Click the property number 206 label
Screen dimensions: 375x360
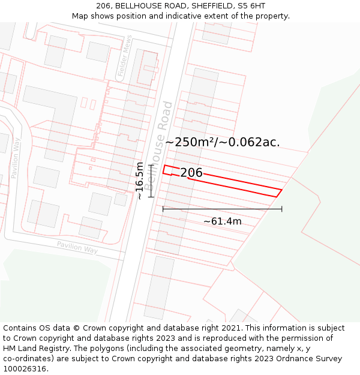[x=191, y=173]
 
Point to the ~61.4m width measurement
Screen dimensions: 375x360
[x=222, y=221]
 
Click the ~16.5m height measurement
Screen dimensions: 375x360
[x=140, y=180]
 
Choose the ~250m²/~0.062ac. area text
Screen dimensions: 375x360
[x=223, y=142]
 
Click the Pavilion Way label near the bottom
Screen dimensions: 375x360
[x=77, y=247]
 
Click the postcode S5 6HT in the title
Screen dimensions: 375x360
[x=251, y=6]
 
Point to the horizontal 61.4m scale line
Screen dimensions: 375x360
[x=222, y=209]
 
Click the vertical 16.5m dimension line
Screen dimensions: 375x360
[x=151, y=181]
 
